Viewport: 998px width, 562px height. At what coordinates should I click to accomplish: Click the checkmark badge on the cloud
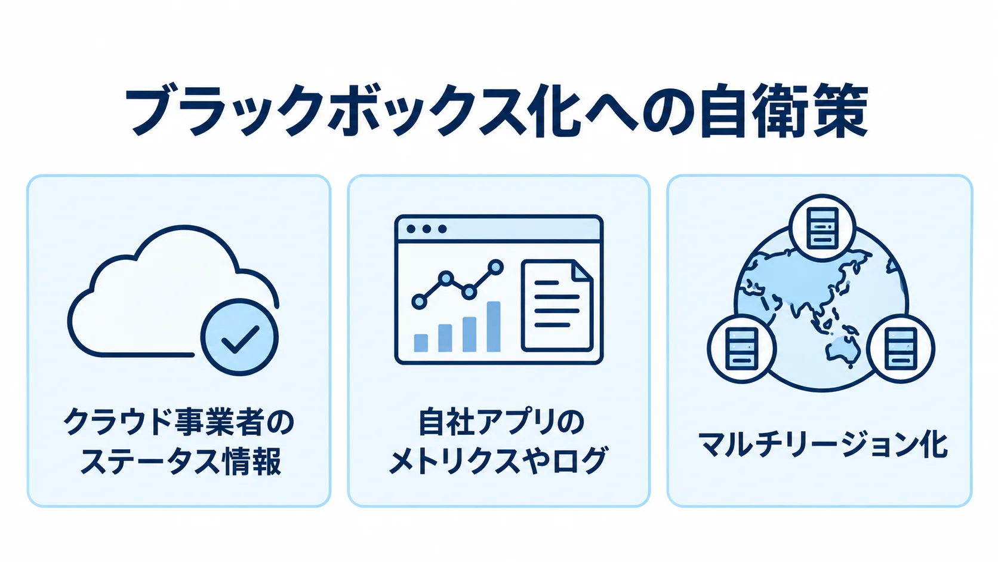[x=240, y=337]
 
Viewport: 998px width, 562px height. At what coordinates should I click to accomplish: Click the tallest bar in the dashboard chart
[x=493, y=327]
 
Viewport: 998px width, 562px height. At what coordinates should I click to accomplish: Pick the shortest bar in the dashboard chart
[x=421, y=343]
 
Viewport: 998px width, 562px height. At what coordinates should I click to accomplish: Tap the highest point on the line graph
[x=495, y=268]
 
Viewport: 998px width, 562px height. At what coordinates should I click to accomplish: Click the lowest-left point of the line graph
[x=419, y=301]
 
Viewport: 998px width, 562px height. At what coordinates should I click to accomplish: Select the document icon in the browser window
[x=557, y=306]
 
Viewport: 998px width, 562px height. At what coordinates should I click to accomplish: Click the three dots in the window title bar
[x=426, y=229]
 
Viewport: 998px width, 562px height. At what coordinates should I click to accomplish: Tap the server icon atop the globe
[x=822, y=228]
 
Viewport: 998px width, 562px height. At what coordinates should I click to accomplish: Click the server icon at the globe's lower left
[x=742, y=349]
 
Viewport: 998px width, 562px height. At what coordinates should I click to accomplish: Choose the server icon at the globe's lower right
[x=901, y=349]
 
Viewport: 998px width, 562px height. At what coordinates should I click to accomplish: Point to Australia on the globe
[x=842, y=351]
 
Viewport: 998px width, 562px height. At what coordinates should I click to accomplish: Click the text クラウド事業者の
[x=178, y=422]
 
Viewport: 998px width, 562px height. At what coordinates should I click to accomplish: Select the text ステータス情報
[x=181, y=461]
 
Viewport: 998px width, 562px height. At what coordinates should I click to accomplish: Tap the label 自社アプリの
[x=501, y=422]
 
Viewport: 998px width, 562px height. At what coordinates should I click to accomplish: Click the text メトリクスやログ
[x=498, y=461]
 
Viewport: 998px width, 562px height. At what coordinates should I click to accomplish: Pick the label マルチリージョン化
[x=822, y=445]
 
